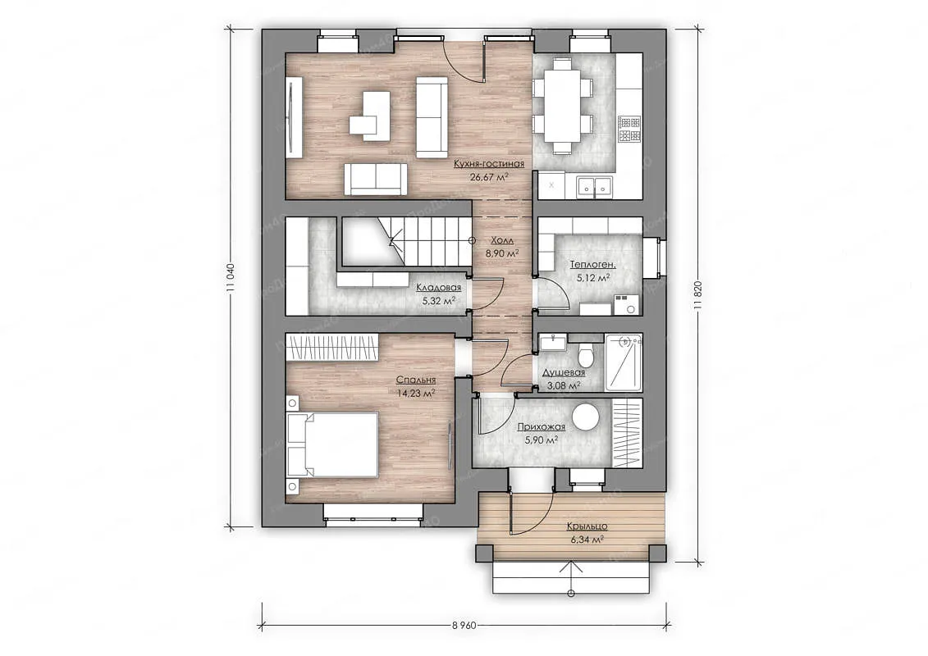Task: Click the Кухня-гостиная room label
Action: [489, 164]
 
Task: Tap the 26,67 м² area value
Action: [489, 176]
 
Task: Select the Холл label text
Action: [502, 241]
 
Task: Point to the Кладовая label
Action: [438, 288]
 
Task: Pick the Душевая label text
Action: [564, 372]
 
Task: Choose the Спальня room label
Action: [416, 380]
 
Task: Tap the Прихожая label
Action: [541, 426]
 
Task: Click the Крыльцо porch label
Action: [587, 526]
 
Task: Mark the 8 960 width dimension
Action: [464, 625]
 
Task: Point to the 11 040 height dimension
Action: [231, 277]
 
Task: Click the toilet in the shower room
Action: [585, 353]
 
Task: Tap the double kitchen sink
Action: [594, 186]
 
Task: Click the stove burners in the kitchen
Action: [629, 129]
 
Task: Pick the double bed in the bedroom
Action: [332, 444]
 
